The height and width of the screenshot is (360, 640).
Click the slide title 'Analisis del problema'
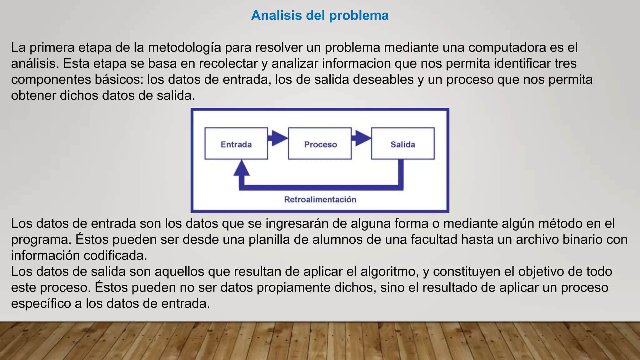coord(320,15)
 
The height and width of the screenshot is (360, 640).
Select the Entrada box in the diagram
coord(236,143)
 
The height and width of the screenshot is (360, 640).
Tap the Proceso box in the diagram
coord(320,143)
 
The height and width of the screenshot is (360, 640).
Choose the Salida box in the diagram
coord(402,143)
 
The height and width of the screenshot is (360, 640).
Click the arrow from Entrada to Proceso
coord(278,138)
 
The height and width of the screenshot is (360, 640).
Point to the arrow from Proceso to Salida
coord(361,138)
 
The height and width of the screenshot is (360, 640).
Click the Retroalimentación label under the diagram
coord(320,199)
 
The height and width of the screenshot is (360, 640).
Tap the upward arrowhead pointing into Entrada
coord(242,169)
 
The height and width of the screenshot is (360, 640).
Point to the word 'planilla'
coord(271,240)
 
